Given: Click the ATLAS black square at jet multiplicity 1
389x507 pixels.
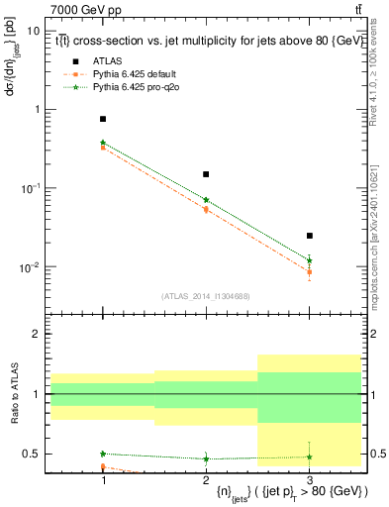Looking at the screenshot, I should (103, 119).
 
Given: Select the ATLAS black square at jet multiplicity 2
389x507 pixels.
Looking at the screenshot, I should (206, 174).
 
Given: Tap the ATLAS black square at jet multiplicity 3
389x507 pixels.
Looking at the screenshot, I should (310, 236).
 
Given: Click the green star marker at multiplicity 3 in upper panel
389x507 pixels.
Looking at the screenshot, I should (310, 260).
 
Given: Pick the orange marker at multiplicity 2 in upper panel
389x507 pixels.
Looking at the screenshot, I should (206, 210).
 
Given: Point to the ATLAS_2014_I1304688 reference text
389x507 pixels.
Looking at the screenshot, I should (206, 296).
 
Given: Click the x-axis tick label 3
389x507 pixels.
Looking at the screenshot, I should (310, 478).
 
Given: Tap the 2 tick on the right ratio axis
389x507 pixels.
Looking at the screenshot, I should (376, 335).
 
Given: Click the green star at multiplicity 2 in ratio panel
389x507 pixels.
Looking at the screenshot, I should (206, 458).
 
